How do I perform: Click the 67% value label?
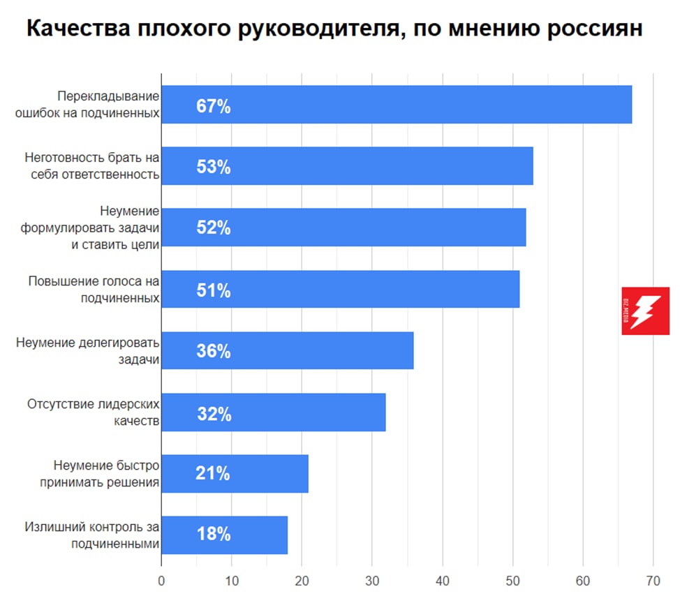click(x=214, y=107)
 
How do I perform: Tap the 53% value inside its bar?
click(x=214, y=167)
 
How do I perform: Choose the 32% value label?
click(x=214, y=413)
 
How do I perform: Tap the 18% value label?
click(x=214, y=535)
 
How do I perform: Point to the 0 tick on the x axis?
click(x=161, y=581)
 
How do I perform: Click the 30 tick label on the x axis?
click(x=372, y=581)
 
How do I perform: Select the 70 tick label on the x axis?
click(x=653, y=581)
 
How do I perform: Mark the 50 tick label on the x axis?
click(x=512, y=581)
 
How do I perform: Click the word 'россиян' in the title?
click(x=593, y=30)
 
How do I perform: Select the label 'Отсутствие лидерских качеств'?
click(x=94, y=412)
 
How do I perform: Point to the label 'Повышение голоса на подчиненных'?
click(x=94, y=290)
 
